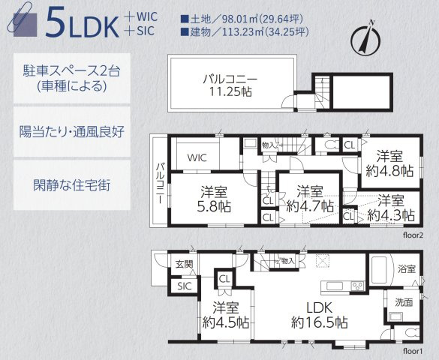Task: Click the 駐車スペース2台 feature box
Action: tap(72, 77)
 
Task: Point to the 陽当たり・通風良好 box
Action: tap(72, 131)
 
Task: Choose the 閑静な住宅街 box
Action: tap(72, 184)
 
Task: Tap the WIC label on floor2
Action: tap(197, 157)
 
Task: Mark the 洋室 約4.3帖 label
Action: tap(390, 207)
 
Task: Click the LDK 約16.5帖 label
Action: tap(319, 313)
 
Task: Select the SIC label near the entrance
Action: tap(183, 286)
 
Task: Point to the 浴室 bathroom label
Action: tap(406, 267)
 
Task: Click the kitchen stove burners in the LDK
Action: tap(356, 286)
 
